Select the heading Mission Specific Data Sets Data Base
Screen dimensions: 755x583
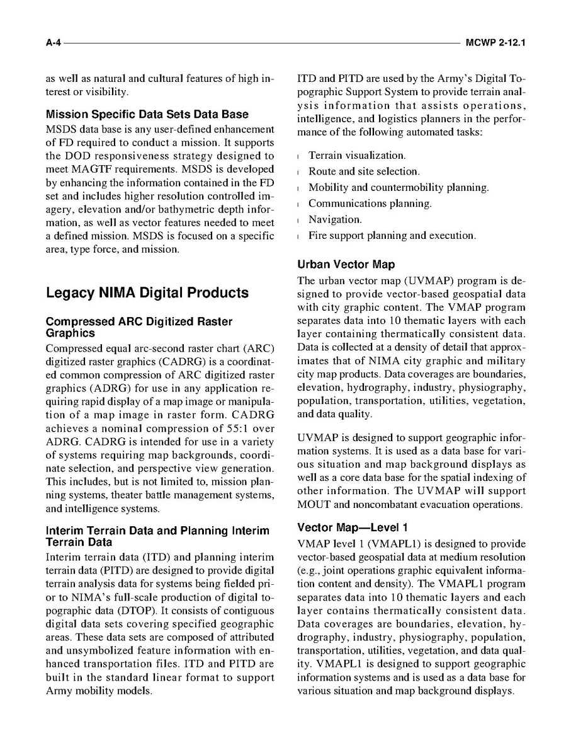(x=147, y=114)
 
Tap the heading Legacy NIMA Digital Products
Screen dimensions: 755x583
(x=147, y=292)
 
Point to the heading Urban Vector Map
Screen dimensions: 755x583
(x=346, y=265)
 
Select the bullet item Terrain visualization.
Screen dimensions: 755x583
(x=356, y=155)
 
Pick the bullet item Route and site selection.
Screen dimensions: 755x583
(x=363, y=171)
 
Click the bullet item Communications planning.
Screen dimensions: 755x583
(x=370, y=204)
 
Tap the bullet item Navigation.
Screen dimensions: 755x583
(x=335, y=219)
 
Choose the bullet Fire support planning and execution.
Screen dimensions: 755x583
(x=392, y=236)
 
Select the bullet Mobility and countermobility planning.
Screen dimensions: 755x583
(x=398, y=187)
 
